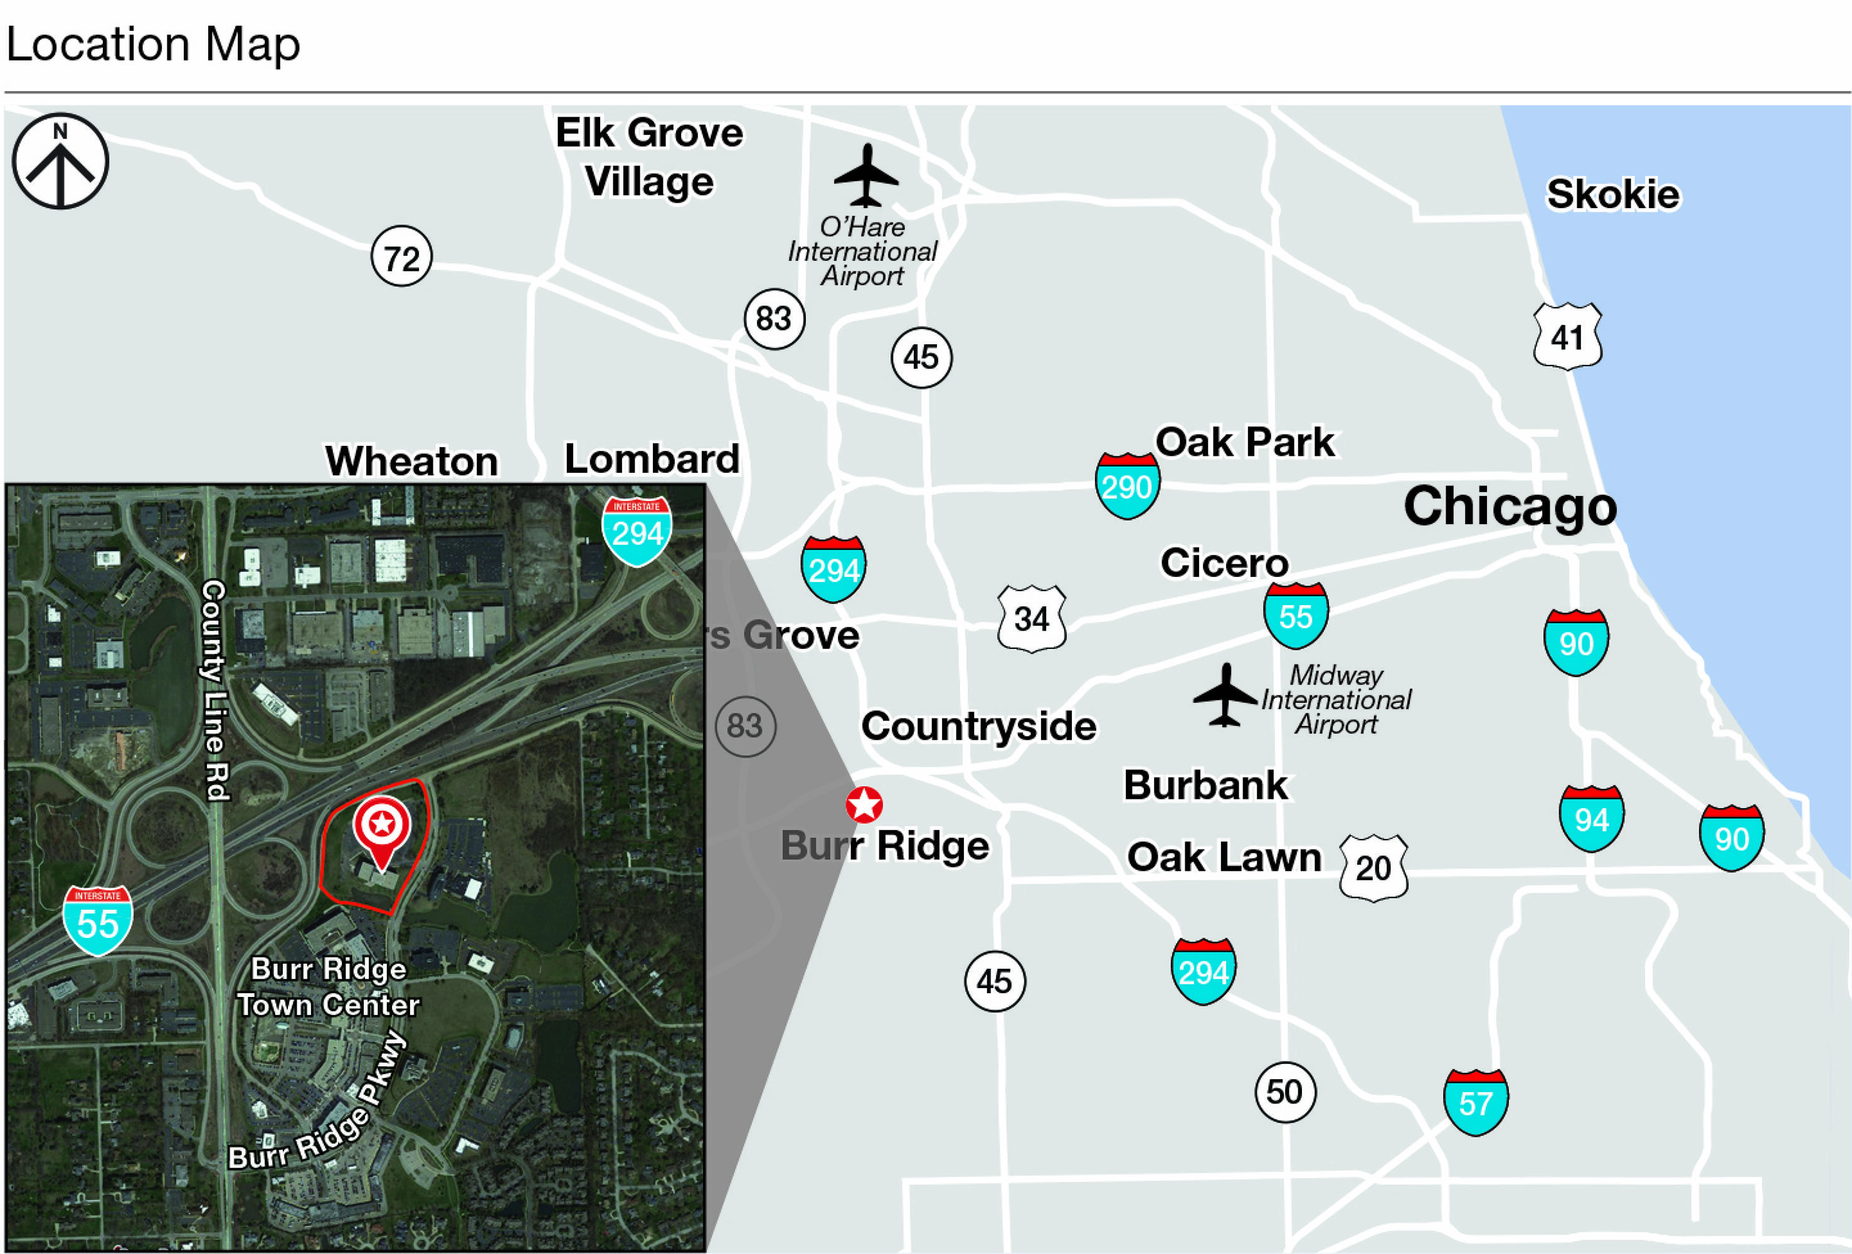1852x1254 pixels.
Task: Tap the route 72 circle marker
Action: click(x=401, y=257)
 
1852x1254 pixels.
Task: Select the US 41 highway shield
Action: click(x=1567, y=336)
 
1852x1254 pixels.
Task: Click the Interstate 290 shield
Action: click(x=1127, y=485)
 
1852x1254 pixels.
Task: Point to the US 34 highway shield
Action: click(x=1031, y=619)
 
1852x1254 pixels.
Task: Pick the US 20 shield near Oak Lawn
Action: click(x=1373, y=868)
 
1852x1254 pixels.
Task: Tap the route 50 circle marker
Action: click(x=1284, y=1092)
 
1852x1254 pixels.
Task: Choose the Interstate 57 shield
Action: click(x=1475, y=1103)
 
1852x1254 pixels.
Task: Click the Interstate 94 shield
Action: click(x=1590, y=818)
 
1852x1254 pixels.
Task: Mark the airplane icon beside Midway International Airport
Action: click(x=1225, y=695)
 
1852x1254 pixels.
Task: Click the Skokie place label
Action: click(x=1612, y=194)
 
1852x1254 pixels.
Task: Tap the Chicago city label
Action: click(x=1510, y=507)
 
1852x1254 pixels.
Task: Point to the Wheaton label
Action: click(x=411, y=461)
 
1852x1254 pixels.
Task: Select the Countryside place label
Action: click(x=978, y=727)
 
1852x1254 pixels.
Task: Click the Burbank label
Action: click(x=1205, y=786)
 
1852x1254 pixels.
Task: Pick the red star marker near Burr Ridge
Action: click(x=864, y=804)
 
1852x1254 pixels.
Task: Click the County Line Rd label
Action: click(x=214, y=689)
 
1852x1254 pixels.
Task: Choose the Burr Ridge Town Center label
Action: click(x=329, y=987)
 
